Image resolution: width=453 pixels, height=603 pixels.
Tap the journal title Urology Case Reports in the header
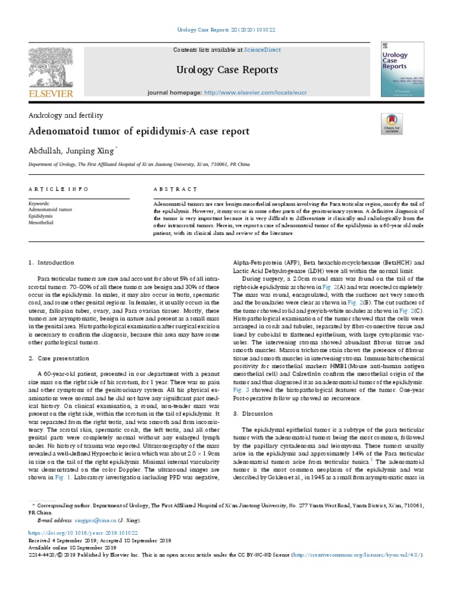click(x=226, y=70)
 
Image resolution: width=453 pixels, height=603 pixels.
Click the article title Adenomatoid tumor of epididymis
click(x=139, y=131)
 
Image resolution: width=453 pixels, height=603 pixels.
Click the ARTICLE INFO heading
click(x=58, y=189)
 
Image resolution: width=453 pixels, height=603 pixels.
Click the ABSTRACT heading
click(x=175, y=189)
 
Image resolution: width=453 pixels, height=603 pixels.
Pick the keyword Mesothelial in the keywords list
click(x=41, y=223)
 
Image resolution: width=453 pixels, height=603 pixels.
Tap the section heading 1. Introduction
click(x=52, y=262)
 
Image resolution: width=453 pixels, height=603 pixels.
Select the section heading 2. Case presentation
click(x=60, y=358)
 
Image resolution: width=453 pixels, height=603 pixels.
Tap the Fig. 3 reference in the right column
click(x=241, y=389)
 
